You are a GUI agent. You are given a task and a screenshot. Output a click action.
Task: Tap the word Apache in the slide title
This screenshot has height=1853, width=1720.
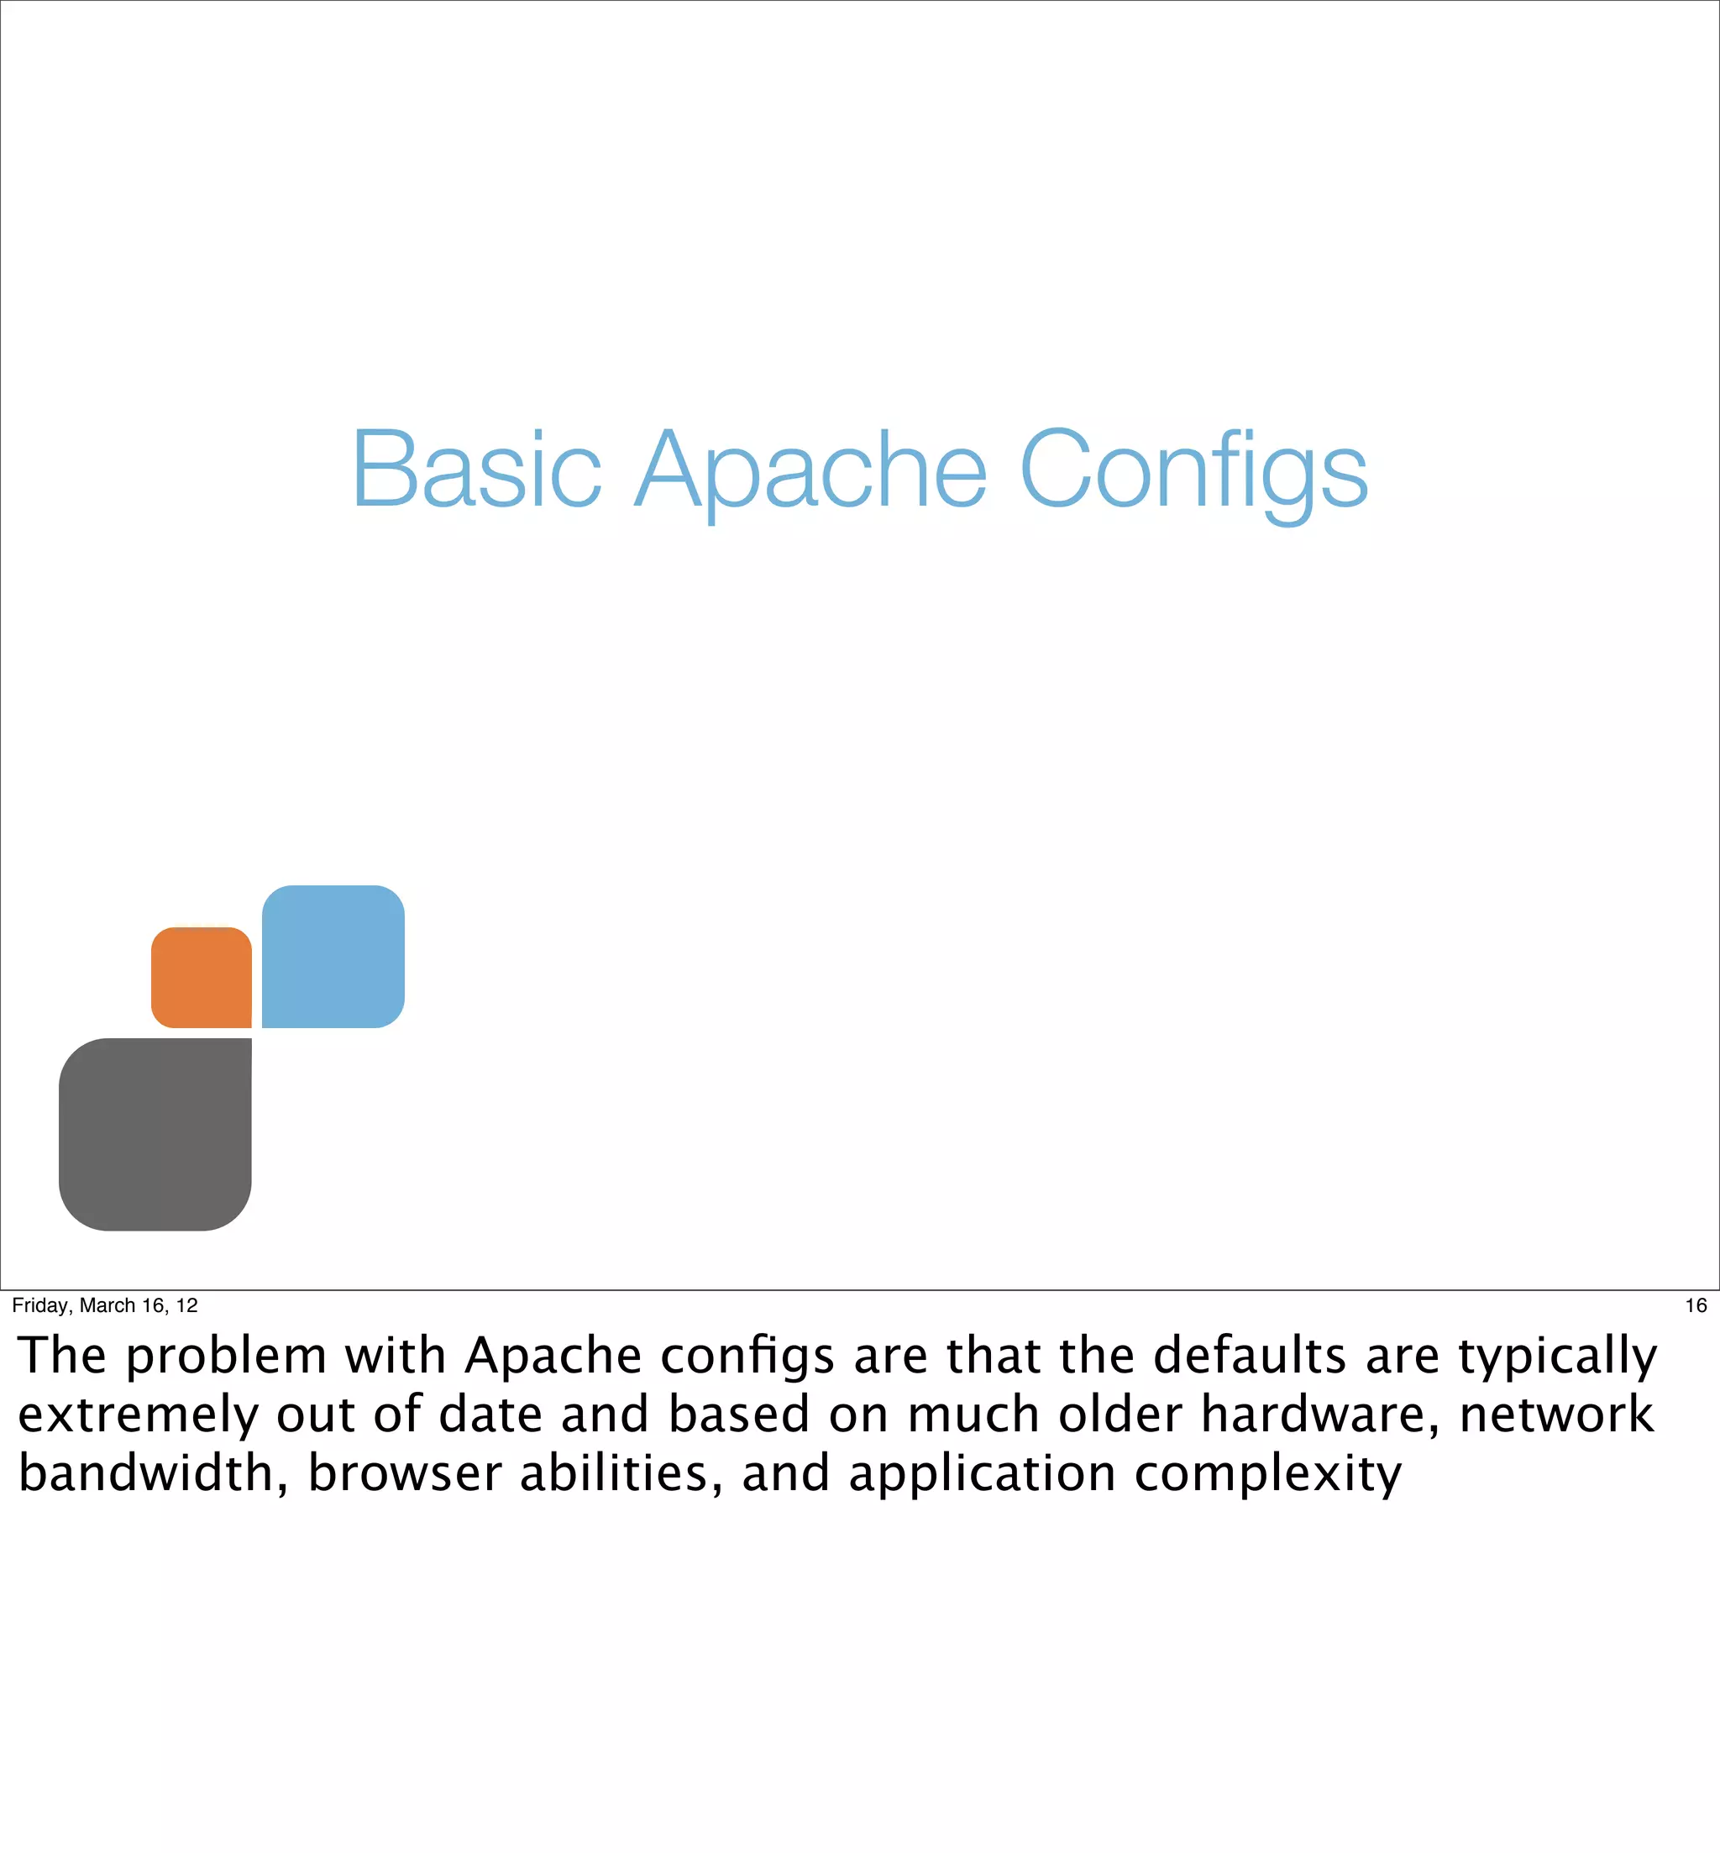point(810,471)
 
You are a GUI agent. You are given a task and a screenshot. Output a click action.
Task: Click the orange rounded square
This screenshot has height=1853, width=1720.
point(201,977)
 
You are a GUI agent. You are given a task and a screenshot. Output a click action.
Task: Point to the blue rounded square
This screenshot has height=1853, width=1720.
point(333,956)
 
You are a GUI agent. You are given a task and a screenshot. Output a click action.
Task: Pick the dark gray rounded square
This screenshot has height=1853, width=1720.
point(155,1134)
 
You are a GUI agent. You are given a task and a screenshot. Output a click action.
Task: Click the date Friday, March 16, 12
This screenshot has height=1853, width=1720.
point(105,1304)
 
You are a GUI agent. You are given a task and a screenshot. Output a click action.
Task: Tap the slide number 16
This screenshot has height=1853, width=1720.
point(1695,1304)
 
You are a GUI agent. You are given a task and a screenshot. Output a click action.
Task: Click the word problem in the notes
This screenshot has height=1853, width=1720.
point(226,1357)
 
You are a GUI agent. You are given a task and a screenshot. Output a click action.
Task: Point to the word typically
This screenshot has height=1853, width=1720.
point(1557,1357)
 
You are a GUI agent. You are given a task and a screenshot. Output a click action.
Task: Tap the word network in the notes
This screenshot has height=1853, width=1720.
point(1556,1415)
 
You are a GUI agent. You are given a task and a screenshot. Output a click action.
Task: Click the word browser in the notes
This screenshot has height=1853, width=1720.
point(405,1473)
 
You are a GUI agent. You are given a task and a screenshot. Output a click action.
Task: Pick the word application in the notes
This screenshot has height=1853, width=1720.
point(982,1475)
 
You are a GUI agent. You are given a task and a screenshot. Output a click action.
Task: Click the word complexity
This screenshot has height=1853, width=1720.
point(1267,1475)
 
